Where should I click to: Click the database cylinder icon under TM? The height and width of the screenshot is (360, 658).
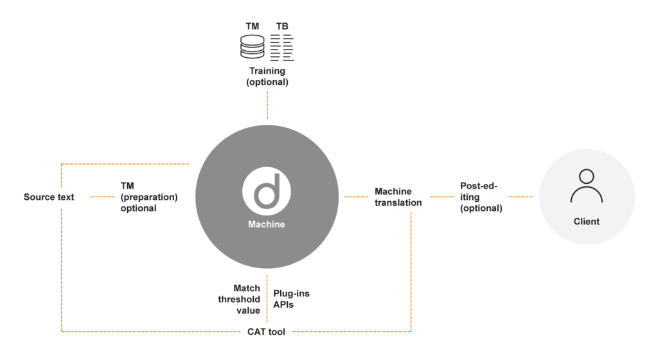click(252, 46)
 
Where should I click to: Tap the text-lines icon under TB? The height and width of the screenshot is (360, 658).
click(282, 48)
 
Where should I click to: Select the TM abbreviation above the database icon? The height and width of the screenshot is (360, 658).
click(252, 26)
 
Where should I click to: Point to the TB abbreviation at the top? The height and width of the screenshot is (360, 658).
click(282, 26)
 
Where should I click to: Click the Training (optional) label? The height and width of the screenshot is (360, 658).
click(267, 76)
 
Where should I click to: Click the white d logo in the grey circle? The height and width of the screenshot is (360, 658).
click(267, 192)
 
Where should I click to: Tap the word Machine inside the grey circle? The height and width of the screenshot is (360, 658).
click(267, 224)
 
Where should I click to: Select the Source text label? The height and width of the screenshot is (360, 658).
click(49, 197)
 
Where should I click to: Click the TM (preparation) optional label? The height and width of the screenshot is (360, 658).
click(149, 197)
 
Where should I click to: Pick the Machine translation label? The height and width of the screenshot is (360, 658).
click(398, 197)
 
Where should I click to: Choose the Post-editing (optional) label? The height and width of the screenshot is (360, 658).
click(481, 197)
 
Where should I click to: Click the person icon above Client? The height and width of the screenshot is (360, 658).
click(586, 186)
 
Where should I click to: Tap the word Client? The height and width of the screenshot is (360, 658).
click(586, 222)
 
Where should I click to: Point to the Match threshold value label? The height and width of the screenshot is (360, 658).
click(239, 299)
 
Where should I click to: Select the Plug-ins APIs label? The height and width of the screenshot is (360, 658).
click(291, 299)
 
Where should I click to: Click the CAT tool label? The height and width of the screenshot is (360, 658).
click(266, 332)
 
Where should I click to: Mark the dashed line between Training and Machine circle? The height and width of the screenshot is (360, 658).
click(267, 105)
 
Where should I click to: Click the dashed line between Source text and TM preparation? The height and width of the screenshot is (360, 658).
click(102, 197)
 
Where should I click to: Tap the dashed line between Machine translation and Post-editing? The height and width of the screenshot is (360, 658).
click(442, 197)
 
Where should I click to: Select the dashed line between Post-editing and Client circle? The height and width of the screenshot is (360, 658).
click(520, 197)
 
